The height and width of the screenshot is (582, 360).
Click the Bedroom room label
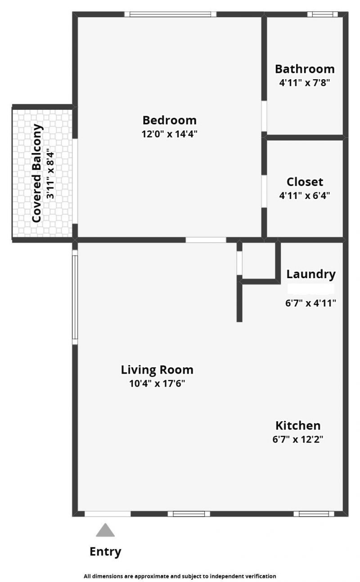coord(169,120)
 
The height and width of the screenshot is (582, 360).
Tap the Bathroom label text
coord(305,69)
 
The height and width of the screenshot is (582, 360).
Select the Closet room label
coord(305,182)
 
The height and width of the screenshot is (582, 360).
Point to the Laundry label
coord(311,274)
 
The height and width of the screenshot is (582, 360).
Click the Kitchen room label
coord(298,425)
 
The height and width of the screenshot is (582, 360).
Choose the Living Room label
coord(157,370)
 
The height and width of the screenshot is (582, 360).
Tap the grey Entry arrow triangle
coord(105,530)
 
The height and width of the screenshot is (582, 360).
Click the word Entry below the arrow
coord(105,552)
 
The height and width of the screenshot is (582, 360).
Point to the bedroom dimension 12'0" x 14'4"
coord(169,134)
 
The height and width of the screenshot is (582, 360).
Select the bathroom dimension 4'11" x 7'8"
coord(305,83)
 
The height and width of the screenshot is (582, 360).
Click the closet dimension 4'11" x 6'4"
coord(305,196)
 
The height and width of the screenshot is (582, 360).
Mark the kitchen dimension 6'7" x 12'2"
coord(298,439)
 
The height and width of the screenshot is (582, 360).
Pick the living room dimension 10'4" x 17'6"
coord(157,384)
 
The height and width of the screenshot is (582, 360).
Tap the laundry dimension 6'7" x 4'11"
coord(311,303)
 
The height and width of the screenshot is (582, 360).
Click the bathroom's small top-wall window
coord(322,14)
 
